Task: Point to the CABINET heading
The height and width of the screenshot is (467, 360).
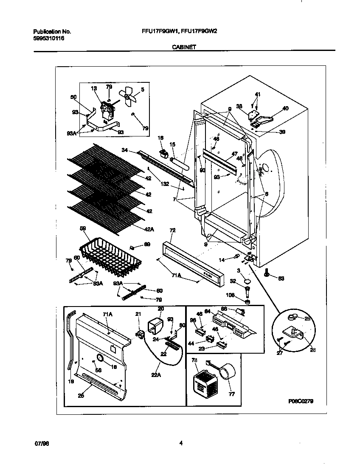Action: pyautogui.click(x=183, y=48)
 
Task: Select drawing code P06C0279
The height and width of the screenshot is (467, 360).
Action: pyautogui.click(x=300, y=401)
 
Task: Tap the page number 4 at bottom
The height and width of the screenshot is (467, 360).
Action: pyautogui.click(x=181, y=443)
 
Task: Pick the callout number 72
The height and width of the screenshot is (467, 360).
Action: pyautogui.click(x=172, y=230)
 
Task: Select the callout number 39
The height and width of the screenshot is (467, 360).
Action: pyautogui.click(x=282, y=132)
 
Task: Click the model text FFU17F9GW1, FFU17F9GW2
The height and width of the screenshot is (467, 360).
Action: pyautogui.click(x=179, y=31)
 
